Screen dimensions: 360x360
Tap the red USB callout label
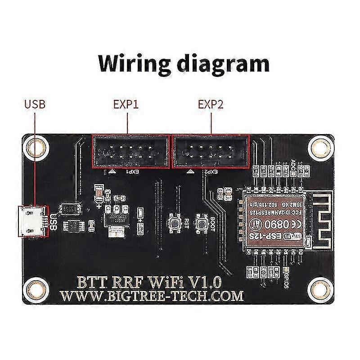click(x=35, y=105)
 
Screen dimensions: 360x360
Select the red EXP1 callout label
click(x=126, y=105)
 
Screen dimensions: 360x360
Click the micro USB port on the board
click(x=31, y=221)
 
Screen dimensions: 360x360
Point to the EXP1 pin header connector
click(x=130, y=151)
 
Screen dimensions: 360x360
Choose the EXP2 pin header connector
click(x=211, y=151)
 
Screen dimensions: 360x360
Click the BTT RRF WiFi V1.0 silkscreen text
click(x=150, y=282)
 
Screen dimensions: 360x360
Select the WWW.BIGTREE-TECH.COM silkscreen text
click(x=152, y=296)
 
